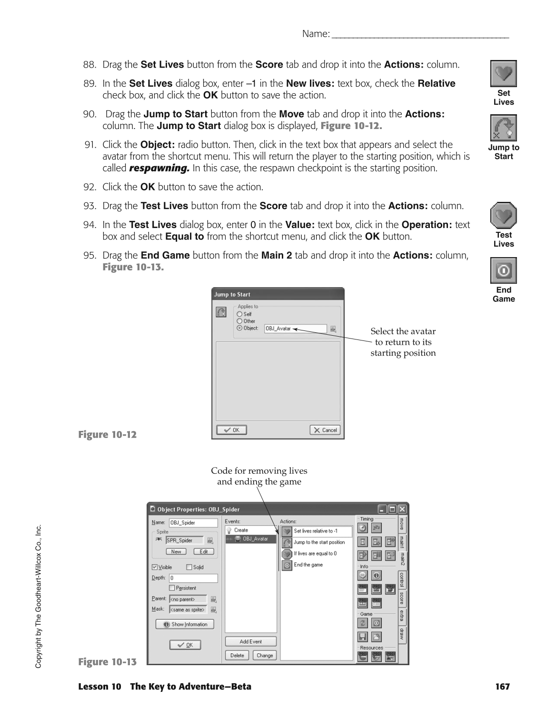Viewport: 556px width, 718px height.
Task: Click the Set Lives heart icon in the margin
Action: (x=503, y=73)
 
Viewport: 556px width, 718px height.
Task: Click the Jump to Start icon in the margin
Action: (x=503, y=128)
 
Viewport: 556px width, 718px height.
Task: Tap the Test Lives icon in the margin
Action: (x=503, y=215)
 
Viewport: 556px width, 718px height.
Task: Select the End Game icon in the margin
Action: (x=503, y=270)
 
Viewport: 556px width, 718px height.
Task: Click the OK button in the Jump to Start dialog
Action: (x=231, y=430)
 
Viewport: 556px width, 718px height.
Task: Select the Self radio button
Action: (x=239, y=314)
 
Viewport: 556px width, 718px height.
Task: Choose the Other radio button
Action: (x=239, y=321)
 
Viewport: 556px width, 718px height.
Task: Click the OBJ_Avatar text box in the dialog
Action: (x=295, y=329)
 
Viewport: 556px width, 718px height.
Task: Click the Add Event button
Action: (x=251, y=641)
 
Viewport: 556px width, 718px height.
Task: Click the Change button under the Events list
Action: (x=265, y=655)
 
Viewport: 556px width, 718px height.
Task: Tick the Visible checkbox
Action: (x=154, y=567)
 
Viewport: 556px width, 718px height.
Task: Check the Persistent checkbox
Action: (x=172, y=588)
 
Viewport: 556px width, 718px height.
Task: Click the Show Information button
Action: (x=185, y=624)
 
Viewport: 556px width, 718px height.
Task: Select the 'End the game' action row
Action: (x=308, y=565)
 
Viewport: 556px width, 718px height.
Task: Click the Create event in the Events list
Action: (x=241, y=530)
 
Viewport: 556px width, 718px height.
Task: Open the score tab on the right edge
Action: (x=402, y=598)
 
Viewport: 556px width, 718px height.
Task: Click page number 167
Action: (x=502, y=687)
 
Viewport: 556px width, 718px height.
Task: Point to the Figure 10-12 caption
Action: (x=107, y=435)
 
